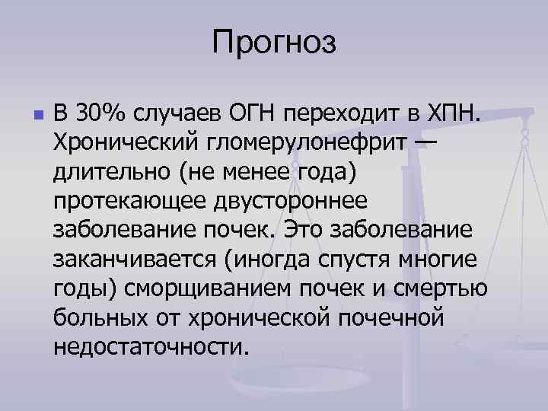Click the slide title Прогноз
pos(274,41)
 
